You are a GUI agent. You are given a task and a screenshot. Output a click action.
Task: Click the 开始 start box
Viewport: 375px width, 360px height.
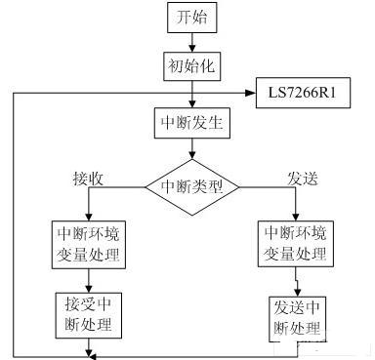190,19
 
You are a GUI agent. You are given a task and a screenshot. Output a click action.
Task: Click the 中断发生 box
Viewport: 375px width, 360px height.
190,125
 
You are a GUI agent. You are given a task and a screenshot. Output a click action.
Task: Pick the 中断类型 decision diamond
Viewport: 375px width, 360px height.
191,185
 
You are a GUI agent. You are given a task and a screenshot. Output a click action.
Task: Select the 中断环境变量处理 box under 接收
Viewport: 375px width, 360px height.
88,243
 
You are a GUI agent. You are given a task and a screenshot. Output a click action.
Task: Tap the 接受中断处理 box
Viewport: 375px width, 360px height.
88,311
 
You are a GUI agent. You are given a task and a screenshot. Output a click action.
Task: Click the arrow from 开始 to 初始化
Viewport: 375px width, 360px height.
190,41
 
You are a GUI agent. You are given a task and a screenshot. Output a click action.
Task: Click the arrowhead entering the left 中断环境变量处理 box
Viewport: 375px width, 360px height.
88,217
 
